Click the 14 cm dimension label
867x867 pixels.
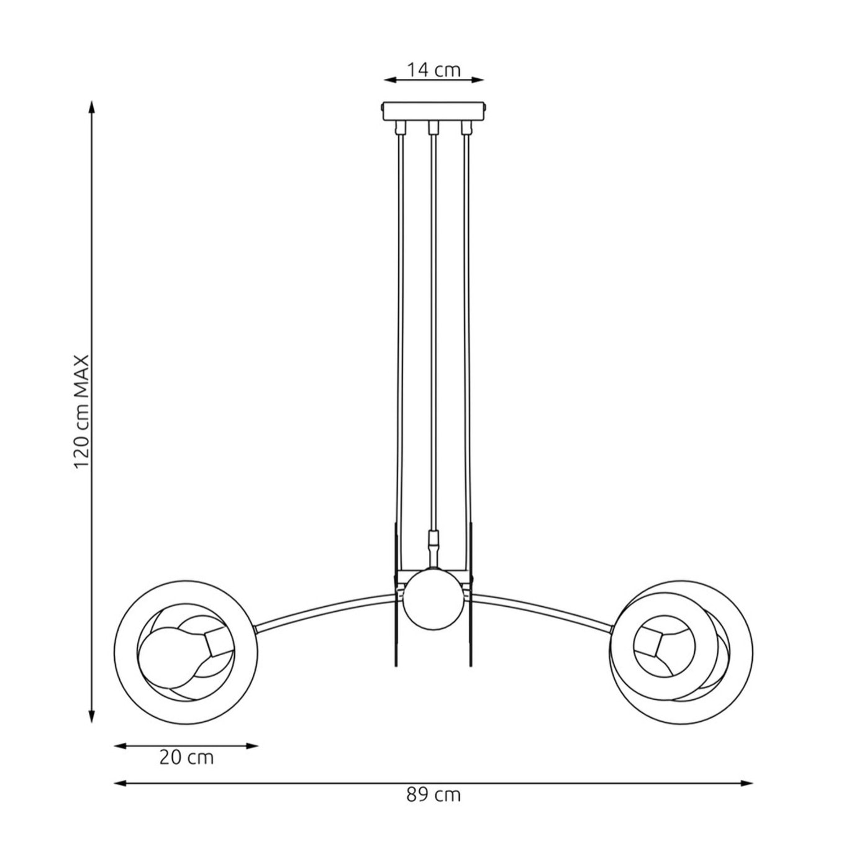433,70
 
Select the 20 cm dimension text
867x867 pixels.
186,758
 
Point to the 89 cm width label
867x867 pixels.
433,795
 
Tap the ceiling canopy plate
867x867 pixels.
433,111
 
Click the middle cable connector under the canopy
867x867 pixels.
433,128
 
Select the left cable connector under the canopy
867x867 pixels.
399,128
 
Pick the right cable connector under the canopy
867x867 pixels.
466,128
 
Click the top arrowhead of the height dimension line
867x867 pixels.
92,107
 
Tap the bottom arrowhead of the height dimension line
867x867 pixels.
92,717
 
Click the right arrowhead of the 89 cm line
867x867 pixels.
747,783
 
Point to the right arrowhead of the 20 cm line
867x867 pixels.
252,746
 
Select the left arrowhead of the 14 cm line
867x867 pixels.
390,80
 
